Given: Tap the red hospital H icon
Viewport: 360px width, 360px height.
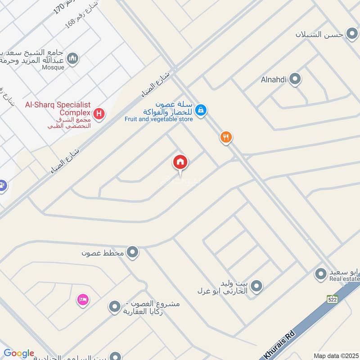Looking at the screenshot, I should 99,113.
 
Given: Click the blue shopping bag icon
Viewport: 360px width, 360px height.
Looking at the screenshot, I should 201,109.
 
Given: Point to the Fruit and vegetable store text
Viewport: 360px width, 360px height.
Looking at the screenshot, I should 159,119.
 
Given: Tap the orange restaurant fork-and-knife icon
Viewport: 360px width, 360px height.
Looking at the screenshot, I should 226,137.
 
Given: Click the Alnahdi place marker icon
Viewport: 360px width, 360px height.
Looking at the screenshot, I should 295,80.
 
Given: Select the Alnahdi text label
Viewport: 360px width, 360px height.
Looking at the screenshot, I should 274,81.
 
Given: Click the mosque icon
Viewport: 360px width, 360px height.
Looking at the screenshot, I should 72,58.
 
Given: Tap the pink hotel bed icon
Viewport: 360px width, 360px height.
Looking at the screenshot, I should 83,299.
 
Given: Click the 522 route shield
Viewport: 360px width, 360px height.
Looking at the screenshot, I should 333,299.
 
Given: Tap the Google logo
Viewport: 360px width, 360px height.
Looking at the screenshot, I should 18,353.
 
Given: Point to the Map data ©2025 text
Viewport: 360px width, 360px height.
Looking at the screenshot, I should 336,356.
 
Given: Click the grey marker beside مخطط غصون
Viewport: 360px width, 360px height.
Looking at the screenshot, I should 132,252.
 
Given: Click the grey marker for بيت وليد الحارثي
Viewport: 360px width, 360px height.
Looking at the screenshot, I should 256,286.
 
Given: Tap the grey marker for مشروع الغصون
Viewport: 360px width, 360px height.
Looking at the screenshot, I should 115,307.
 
